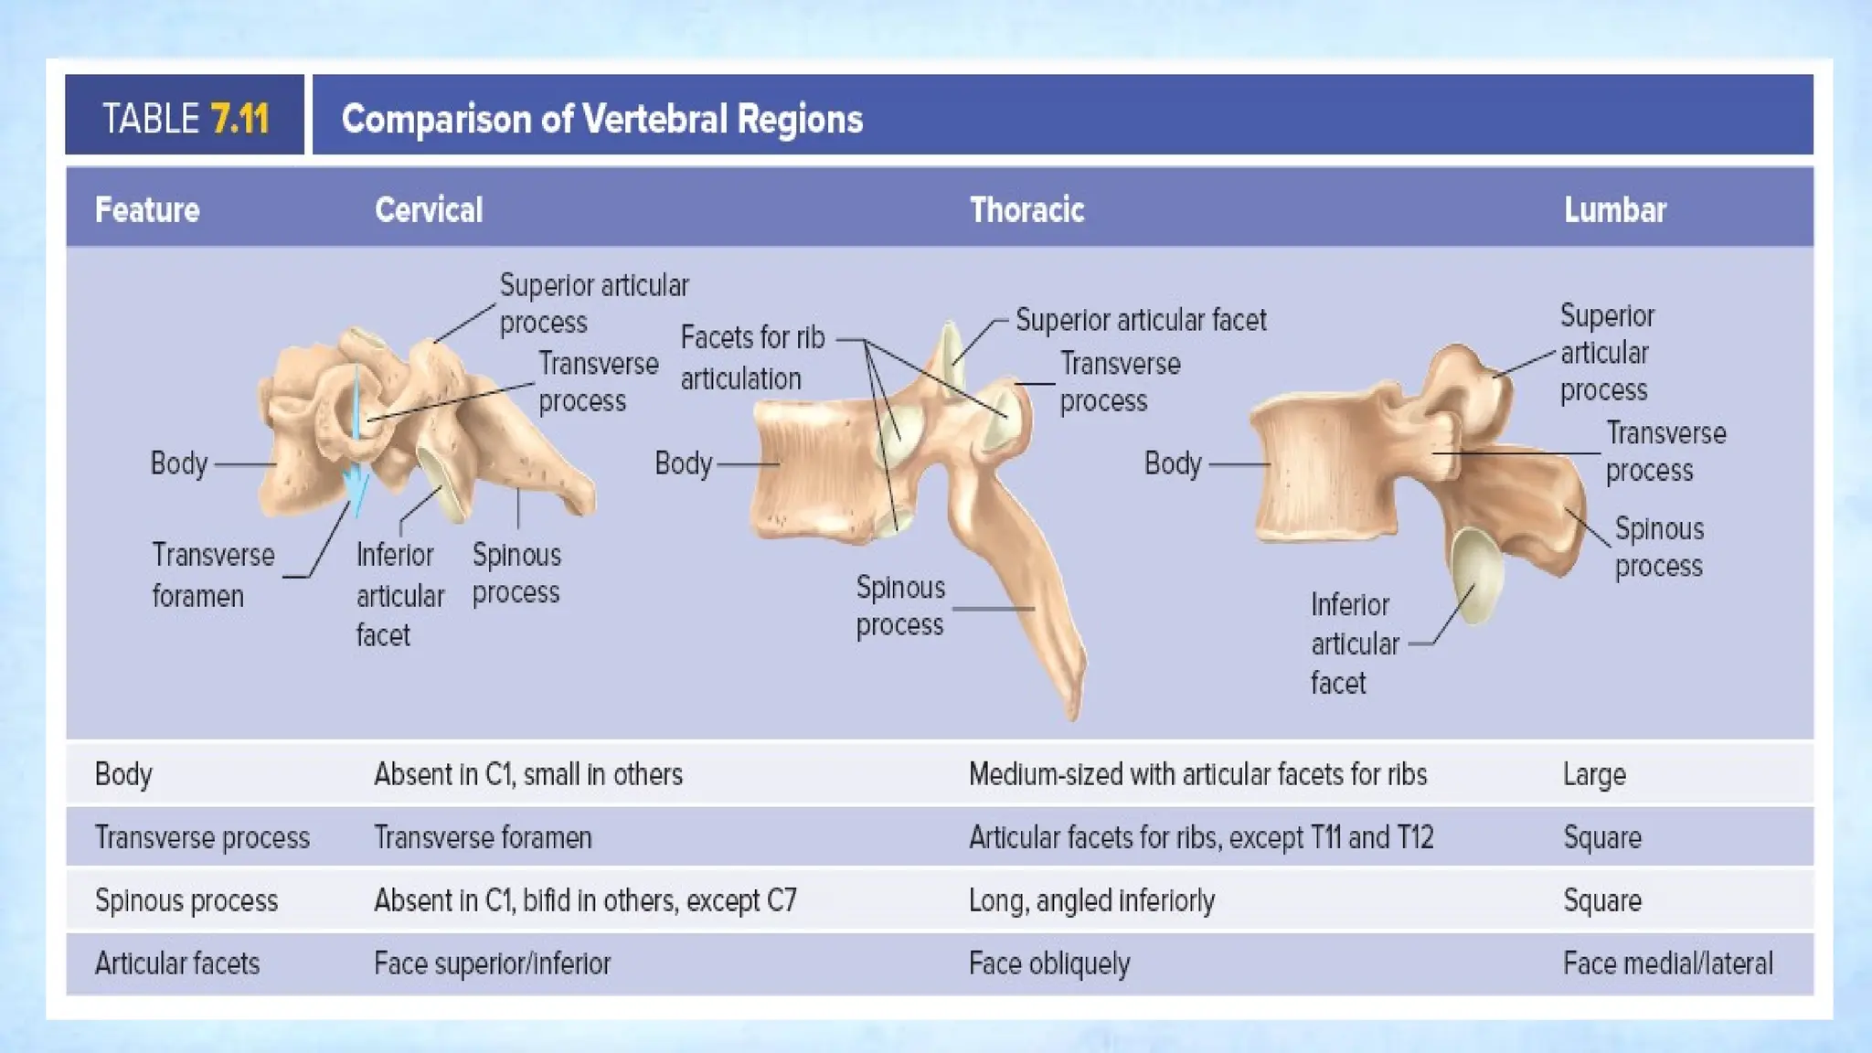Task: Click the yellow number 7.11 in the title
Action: [x=239, y=119]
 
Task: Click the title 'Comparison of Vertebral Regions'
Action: [x=601, y=119]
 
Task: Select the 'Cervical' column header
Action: [x=428, y=210]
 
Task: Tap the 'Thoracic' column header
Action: [x=1026, y=210]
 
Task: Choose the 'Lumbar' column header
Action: [x=1614, y=210]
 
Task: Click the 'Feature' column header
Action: [x=147, y=210]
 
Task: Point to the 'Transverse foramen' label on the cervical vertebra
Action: [x=213, y=575]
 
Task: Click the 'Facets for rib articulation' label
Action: [x=752, y=357]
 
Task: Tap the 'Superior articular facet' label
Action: [x=1141, y=320]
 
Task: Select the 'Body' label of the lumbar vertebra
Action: [x=1173, y=463]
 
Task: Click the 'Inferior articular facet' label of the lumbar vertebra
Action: [x=1354, y=643]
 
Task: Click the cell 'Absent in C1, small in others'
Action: [x=527, y=775]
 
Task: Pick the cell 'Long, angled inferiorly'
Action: [x=1091, y=901]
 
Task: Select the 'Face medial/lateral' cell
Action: [x=1667, y=963]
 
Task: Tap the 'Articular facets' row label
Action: [x=177, y=963]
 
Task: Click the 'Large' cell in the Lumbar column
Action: [x=1594, y=775]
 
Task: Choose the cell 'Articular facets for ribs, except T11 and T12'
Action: [x=1200, y=837]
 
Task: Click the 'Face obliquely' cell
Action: [x=1049, y=963]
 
